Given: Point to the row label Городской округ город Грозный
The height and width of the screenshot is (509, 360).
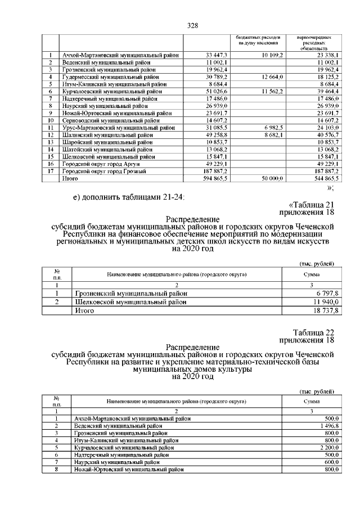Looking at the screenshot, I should (x=104, y=171).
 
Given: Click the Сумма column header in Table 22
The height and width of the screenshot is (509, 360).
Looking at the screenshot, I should (x=312, y=402).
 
